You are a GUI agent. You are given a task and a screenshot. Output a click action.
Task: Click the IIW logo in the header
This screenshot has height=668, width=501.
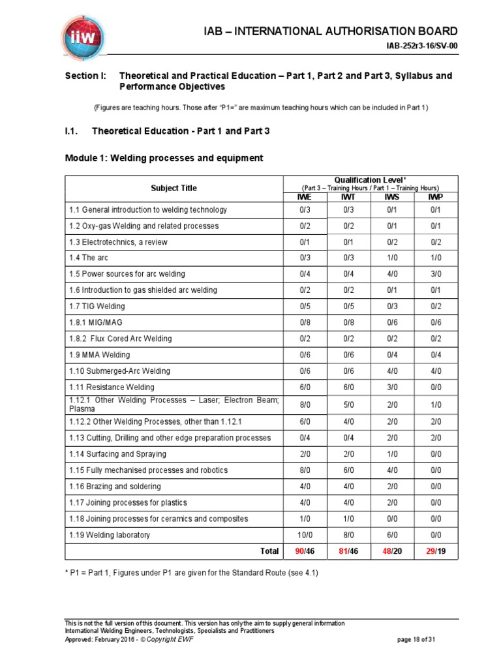(83, 33)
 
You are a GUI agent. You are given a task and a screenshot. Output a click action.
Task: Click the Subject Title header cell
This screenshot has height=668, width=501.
(174, 188)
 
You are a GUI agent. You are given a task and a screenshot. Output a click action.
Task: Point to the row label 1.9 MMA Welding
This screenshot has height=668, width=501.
(99, 355)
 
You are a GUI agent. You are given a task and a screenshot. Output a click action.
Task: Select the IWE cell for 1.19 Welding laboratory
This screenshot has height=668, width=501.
(305, 535)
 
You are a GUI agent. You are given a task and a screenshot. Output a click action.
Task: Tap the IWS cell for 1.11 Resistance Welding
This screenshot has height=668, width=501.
(392, 387)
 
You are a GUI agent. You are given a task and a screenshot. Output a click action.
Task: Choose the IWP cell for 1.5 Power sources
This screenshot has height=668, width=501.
(436, 274)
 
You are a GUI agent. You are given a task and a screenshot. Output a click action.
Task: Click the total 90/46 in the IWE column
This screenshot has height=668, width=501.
(305, 551)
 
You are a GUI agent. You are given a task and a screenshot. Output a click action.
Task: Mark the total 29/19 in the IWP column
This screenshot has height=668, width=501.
(436, 551)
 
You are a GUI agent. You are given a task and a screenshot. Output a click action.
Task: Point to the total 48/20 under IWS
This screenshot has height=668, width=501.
(392, 551)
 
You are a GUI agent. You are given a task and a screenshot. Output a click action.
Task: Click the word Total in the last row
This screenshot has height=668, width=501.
(269, 551)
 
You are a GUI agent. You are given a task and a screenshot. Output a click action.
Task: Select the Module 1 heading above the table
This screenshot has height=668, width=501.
(164, 158)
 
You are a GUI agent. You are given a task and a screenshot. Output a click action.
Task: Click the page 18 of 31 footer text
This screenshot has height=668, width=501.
(416, 640)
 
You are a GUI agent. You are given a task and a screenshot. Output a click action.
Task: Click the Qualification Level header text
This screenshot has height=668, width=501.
(370, 179)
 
